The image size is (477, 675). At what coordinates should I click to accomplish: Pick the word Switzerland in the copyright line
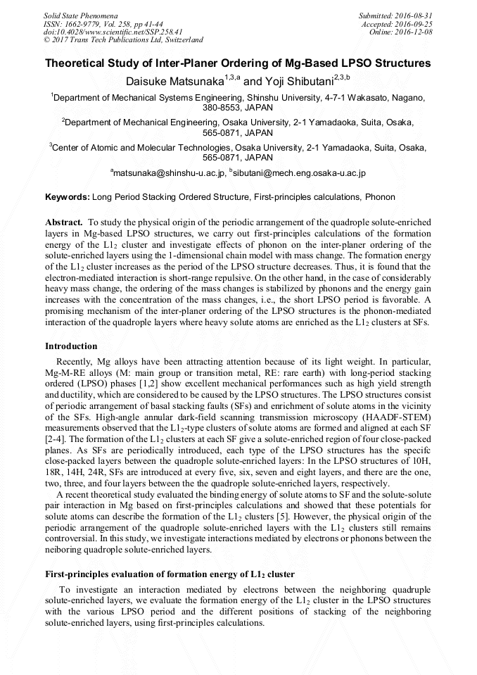[182, 40]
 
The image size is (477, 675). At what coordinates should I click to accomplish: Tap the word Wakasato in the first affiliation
[362, 98]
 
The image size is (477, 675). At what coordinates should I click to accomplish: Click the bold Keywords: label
[68, 198]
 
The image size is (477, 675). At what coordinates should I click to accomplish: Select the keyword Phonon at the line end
[381, 198]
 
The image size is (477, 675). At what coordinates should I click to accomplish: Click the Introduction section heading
[71, 346]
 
